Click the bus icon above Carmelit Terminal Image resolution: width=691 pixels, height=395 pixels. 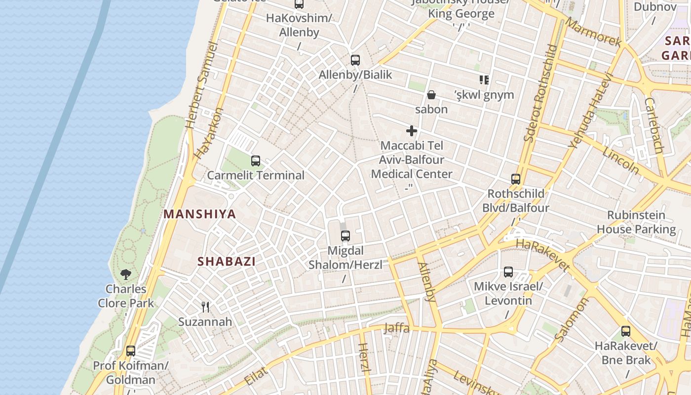(x=255, y=160)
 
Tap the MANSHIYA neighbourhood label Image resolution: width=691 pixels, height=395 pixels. (x=199, y=214)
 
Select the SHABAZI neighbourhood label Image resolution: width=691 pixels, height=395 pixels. (x=227, y=262)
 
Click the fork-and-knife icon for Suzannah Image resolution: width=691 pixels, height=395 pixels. (x=205, y=307)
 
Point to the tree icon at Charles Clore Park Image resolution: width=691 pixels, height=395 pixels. (x=126, y=274)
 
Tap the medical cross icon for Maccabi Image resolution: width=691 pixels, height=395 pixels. (x=412, y=131)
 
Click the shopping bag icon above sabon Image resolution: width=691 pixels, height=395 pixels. (x=431, y=95)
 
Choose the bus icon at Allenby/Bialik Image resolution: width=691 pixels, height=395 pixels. (x=355, y=60)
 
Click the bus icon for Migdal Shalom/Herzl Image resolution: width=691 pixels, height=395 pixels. (x=345, y=236)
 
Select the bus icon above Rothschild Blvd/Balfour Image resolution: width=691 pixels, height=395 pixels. (x=516, y=179)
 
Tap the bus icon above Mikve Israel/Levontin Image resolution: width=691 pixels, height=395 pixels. (x=508, y=272)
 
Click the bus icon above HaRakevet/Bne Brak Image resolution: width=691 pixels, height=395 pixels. (x=625, y=331)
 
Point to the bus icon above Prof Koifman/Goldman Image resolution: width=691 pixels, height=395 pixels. (x=131, y=351)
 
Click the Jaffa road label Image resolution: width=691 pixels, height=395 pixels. (x=396, y=328)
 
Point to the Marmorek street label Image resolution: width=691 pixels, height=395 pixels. (x=593, y=32)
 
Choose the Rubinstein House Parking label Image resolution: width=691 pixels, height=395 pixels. (x=636, y=222)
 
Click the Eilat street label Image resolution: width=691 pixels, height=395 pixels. (x=256, y=376)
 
